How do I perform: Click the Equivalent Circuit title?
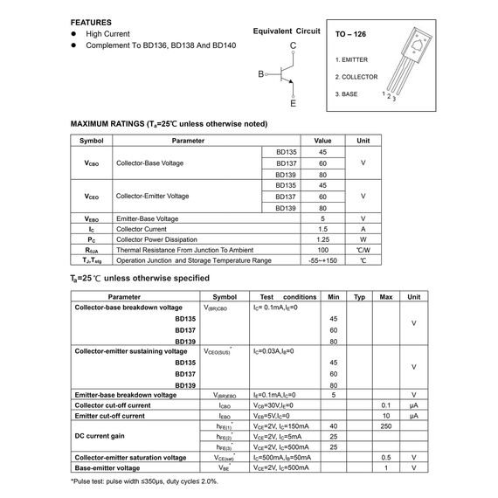(282, 31)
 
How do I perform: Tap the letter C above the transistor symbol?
(293, 45)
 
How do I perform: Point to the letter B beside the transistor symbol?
(260, 74)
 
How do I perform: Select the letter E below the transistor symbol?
(293, 104)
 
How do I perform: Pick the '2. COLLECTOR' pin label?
(356, 76)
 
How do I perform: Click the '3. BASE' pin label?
(347, 93)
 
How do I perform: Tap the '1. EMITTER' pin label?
(353, 59)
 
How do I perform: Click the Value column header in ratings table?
(323, 140)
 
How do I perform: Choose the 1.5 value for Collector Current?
(323, 228)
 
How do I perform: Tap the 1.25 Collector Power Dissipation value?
(323, 239)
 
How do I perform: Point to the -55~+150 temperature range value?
(323, 260)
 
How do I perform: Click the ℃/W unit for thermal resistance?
(363, 250)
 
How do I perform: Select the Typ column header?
(359, 297)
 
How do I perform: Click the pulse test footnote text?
(144, 481)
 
